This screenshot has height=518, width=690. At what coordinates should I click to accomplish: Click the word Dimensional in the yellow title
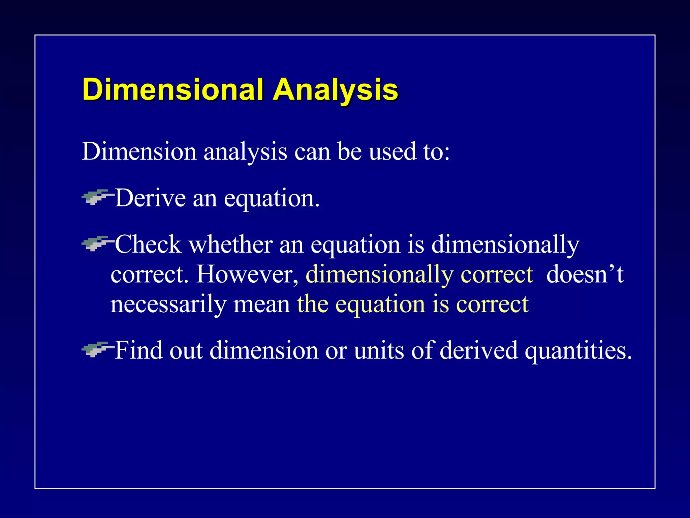tap(172, 89)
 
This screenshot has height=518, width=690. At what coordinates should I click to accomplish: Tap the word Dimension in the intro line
tap(139, 151)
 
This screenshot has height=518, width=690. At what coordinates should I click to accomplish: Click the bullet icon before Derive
tap(96, 197)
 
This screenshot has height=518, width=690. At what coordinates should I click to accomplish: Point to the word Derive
tap(150, 198)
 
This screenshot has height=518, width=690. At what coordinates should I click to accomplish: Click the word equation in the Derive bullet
tap(271, 199)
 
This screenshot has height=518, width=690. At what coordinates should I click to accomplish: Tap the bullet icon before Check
tap(96, 243)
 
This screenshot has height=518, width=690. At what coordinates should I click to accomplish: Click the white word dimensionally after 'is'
tap(505, 245)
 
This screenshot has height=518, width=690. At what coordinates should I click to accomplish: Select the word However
tap(247, 274)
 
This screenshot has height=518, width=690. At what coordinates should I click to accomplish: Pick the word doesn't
tap(585, 274)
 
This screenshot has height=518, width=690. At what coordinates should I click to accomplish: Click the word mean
tap(261, 305)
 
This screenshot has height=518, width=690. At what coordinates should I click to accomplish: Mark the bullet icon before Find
tap(96, 349)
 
